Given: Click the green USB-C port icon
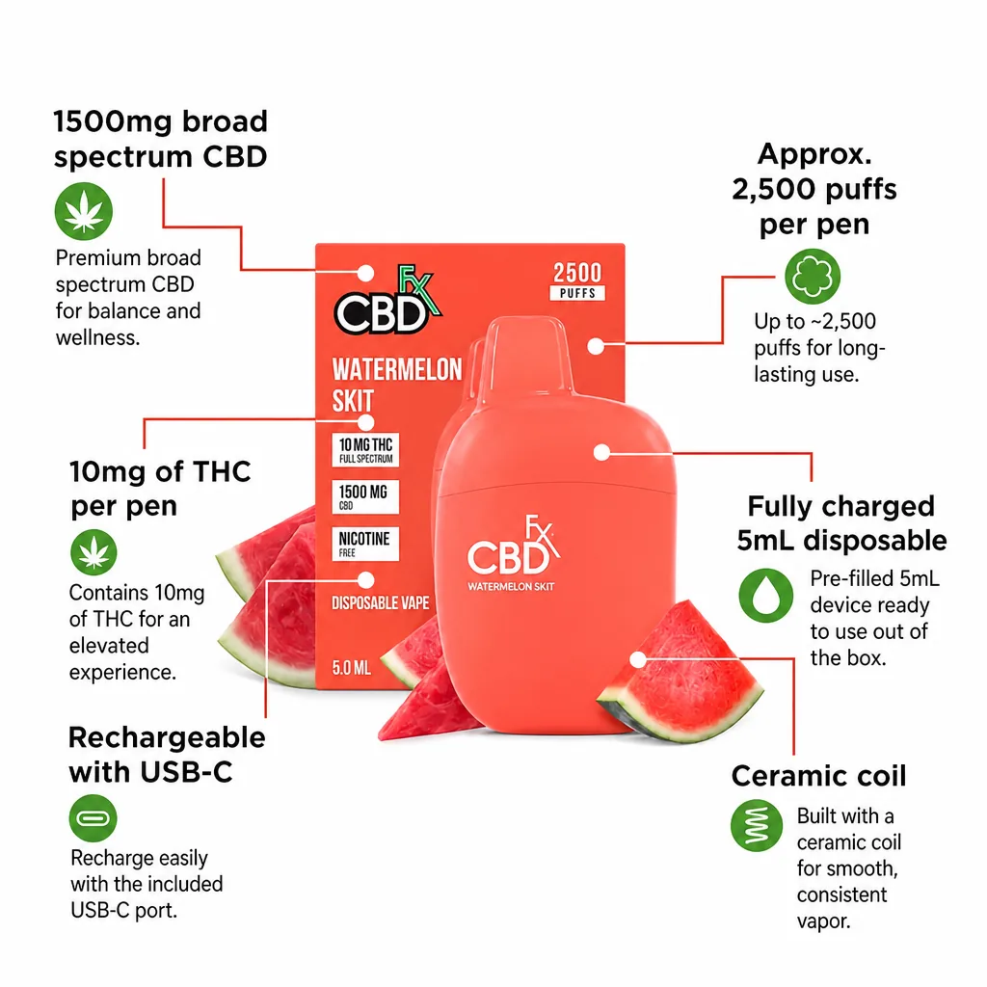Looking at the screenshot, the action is pos(93,818).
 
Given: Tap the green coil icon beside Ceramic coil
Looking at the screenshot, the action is pos(757,825).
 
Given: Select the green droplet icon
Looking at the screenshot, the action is pos(766,596).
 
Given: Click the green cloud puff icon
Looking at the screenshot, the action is pos(813,277).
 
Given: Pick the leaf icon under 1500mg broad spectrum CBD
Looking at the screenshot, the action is pos(84,211).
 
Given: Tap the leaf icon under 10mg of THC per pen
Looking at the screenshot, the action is pos(93,552).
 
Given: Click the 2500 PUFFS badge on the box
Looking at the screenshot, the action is pos(577,280).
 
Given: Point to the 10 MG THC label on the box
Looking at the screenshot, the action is pos(365,450).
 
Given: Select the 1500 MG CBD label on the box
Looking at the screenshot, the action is pos(365,497).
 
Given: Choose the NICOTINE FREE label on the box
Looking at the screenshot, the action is pos(365,544).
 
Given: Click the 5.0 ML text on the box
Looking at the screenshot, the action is pos(351,668).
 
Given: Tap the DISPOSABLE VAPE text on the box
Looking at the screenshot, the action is pos(380,603).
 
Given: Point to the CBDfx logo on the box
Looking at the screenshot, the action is pos(387,301).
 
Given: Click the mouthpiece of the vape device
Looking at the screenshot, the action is pos(526,356).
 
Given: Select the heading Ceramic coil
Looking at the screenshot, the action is pos(818,776).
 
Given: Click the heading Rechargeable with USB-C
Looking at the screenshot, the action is pos(167,755).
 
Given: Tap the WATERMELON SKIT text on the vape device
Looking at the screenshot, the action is pos(511,587).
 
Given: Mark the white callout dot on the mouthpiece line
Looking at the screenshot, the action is pos(596,346).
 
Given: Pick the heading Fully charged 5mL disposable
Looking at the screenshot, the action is pos(841,523).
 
